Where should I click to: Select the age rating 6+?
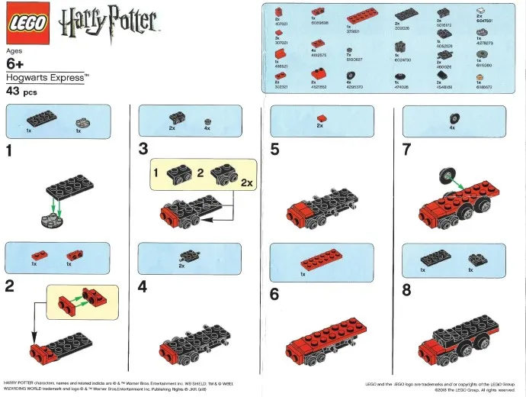coord(18,64)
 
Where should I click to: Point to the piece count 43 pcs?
coord(21,92)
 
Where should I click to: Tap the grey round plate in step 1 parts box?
coord(79,121)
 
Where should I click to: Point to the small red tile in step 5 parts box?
coord(321,117)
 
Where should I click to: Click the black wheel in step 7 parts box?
coord(454,118)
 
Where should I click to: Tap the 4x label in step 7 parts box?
coord(453,128)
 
